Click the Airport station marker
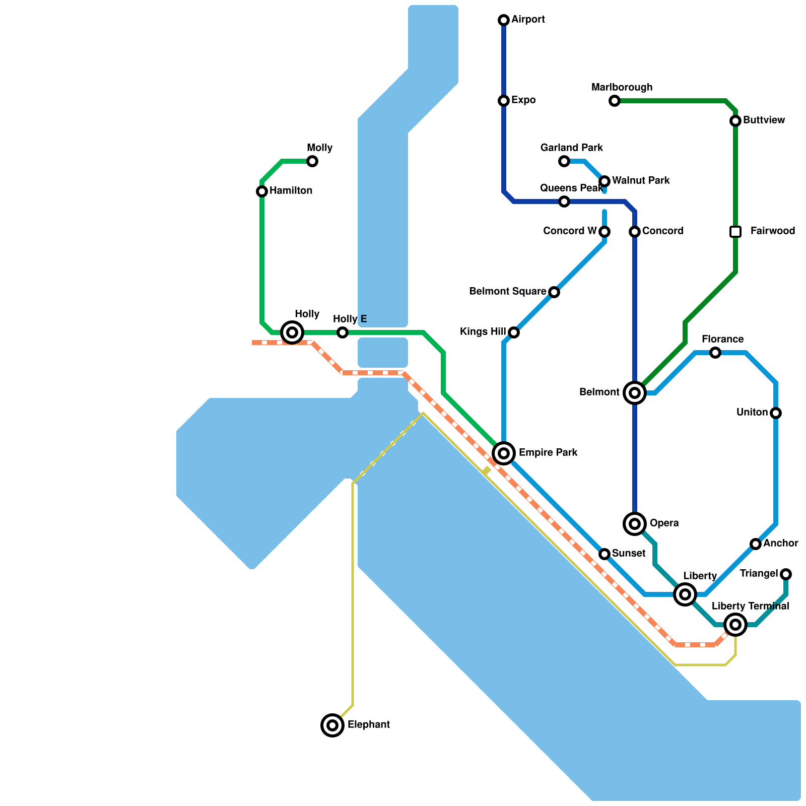click(504, 20)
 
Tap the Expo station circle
click(504, 101)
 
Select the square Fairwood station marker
click(735, 232)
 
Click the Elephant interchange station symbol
click(332, 725)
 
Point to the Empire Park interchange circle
click(504, 453)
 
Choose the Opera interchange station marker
click(635, 524)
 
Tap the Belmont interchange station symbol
click(635, 393)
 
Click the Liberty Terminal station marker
click(735, 625)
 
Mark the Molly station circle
click(312, 161)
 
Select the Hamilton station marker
click(262, 191)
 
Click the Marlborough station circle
click(615, 101)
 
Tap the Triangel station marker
click(786, 574)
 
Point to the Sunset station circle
click(604, 554)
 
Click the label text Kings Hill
click(483, 332)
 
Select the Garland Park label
click(571, 148)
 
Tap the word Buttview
click(764, 120)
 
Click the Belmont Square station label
click(508, 292)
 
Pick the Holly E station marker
click(343, 332)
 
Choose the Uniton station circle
click(776, 413)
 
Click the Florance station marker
click(715, 353)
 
